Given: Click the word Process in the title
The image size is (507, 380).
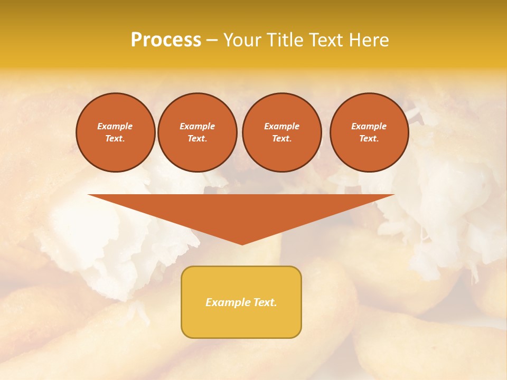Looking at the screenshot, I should tap(166, 40).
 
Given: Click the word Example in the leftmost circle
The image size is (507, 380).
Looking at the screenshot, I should tap(115, 126).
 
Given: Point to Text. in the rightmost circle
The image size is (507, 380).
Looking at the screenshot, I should tap(369, 138).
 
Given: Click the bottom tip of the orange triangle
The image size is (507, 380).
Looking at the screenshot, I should tap(242, 243).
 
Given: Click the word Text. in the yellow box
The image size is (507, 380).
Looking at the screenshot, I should tap(265, 302).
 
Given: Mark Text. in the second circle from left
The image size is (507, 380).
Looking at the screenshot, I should tap(198, 138).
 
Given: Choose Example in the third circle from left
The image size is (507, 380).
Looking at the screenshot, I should tap(282, 126).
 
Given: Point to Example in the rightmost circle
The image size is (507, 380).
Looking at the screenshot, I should tap(369, 126).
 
